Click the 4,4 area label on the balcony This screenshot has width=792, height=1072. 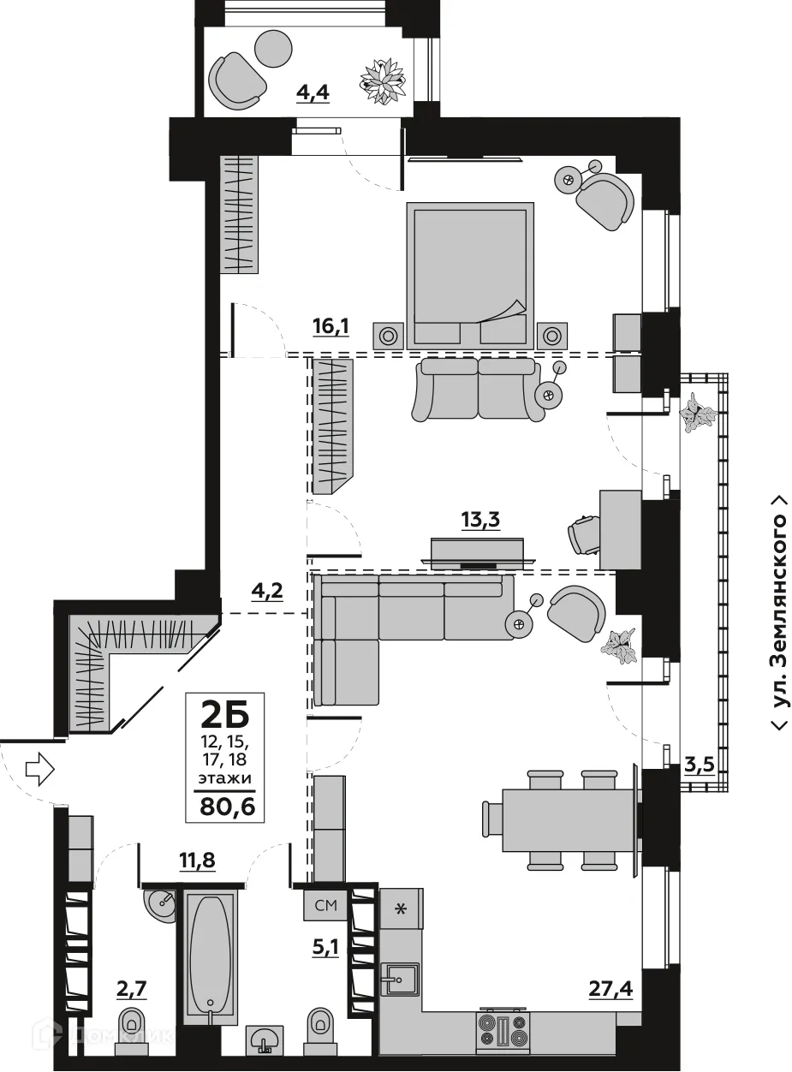pos(313,92)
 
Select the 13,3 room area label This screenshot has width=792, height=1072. pos(480,521)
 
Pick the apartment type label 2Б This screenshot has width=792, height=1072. pos(223,712)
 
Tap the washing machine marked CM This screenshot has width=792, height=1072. pos(325,905)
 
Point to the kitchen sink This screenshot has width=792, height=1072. pos(399,979)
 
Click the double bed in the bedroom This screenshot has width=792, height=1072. pos(469,274)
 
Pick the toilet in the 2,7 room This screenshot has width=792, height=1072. pos(133,1023)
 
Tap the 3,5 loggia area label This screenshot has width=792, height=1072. pos(699,765)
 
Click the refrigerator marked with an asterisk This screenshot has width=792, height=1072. pos(399,908)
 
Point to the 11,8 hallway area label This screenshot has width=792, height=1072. pos(196,860)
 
